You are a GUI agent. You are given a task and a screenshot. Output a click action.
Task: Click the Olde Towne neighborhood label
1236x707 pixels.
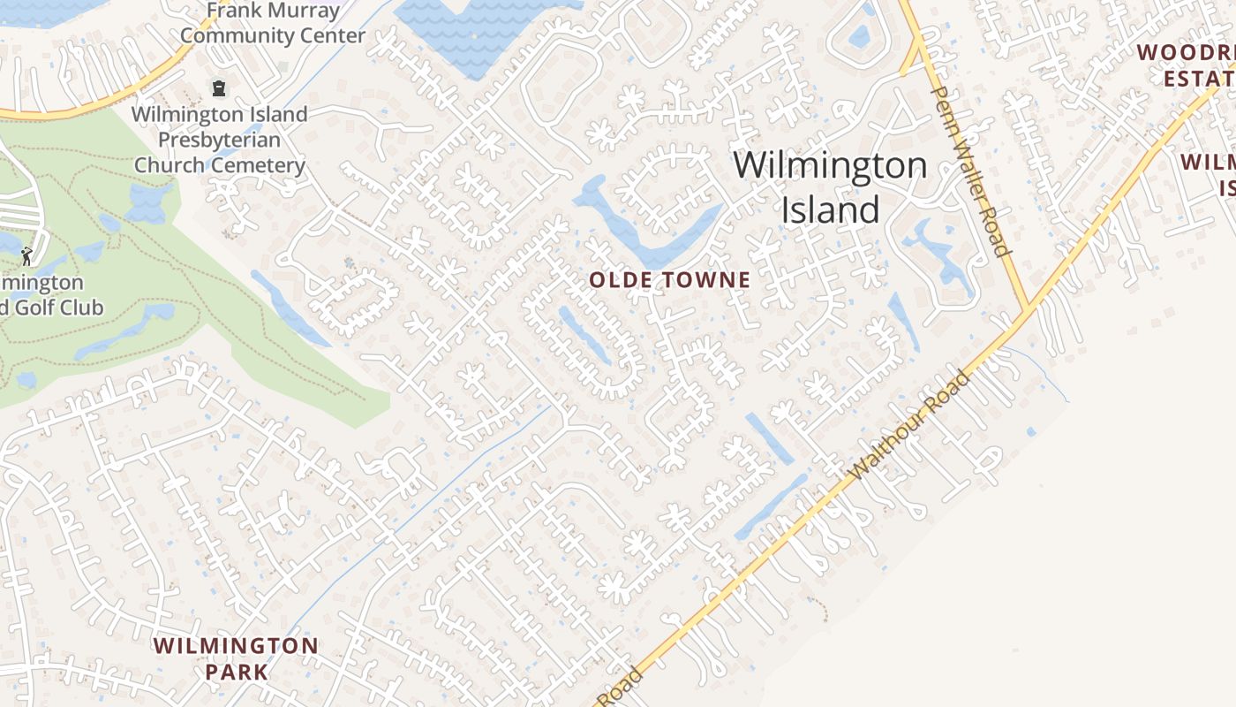(x=669, y=281)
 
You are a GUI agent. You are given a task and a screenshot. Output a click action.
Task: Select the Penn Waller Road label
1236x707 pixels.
(x=969, y=170)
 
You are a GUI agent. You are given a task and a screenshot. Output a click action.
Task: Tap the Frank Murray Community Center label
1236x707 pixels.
(x=273, y=23)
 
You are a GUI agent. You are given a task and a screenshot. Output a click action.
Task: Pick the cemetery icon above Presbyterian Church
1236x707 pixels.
(x=218, y=88)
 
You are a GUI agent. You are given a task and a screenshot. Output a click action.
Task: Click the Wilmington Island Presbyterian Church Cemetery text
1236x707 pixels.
(x=220, y=140)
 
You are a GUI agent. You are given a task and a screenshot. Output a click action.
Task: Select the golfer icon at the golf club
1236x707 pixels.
(x=26, y=256)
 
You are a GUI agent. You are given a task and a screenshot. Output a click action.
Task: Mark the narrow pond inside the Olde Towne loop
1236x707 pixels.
(x=584, y=336)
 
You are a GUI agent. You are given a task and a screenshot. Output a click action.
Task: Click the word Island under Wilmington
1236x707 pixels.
(x=830, y=210)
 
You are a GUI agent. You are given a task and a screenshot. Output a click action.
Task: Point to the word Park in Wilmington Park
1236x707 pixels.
(x=237, y=672)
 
